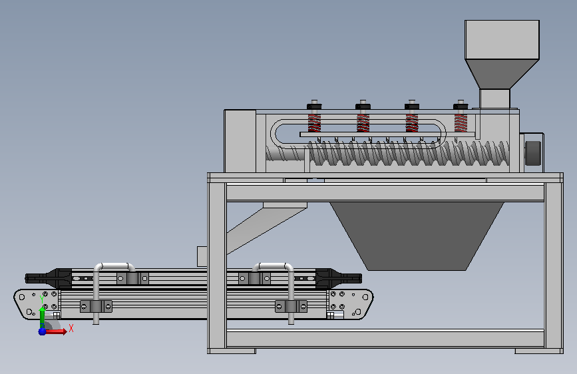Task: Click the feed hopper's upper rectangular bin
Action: coord(502,40)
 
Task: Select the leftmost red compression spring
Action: coord(314,123)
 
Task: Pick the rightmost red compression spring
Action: coord(461,123)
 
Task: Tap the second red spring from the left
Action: coord(363,123)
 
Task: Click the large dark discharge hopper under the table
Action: coord(417,236)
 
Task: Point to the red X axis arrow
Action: coord(56,331)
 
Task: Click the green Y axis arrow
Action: coord(43,317)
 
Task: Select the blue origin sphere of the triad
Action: coord(43,331)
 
